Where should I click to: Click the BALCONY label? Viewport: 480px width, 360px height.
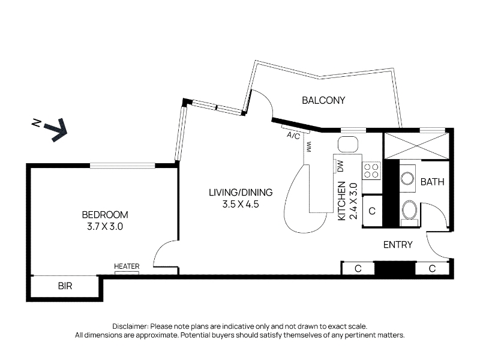323,100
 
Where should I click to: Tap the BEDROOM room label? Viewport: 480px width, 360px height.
105,215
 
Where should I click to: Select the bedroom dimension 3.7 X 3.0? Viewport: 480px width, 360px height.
105,227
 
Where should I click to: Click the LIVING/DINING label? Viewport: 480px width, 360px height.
241,192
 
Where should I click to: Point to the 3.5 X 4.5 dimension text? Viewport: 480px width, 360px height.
241,204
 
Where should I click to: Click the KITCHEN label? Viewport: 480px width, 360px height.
341,201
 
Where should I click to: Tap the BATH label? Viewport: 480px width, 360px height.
432,182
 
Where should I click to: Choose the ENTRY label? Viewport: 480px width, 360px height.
398,245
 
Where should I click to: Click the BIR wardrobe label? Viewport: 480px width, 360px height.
65,286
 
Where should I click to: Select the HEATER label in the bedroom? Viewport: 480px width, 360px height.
127,266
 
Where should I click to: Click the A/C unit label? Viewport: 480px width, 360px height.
293,136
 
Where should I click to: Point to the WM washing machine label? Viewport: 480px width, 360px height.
308,146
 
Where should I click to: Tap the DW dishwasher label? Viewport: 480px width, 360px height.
340,166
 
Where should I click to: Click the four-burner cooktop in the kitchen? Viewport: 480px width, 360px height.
371,171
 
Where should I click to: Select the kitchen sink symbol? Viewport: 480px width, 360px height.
348,144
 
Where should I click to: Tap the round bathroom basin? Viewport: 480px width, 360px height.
407,178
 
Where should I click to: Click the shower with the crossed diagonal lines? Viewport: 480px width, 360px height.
416,146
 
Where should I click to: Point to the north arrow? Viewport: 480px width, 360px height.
55,130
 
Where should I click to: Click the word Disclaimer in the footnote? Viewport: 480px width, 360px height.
130,326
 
